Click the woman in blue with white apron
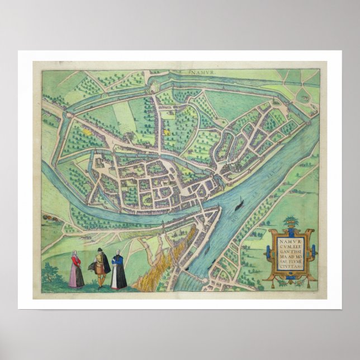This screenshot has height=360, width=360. pyautogui.click(x=118, y=273)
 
